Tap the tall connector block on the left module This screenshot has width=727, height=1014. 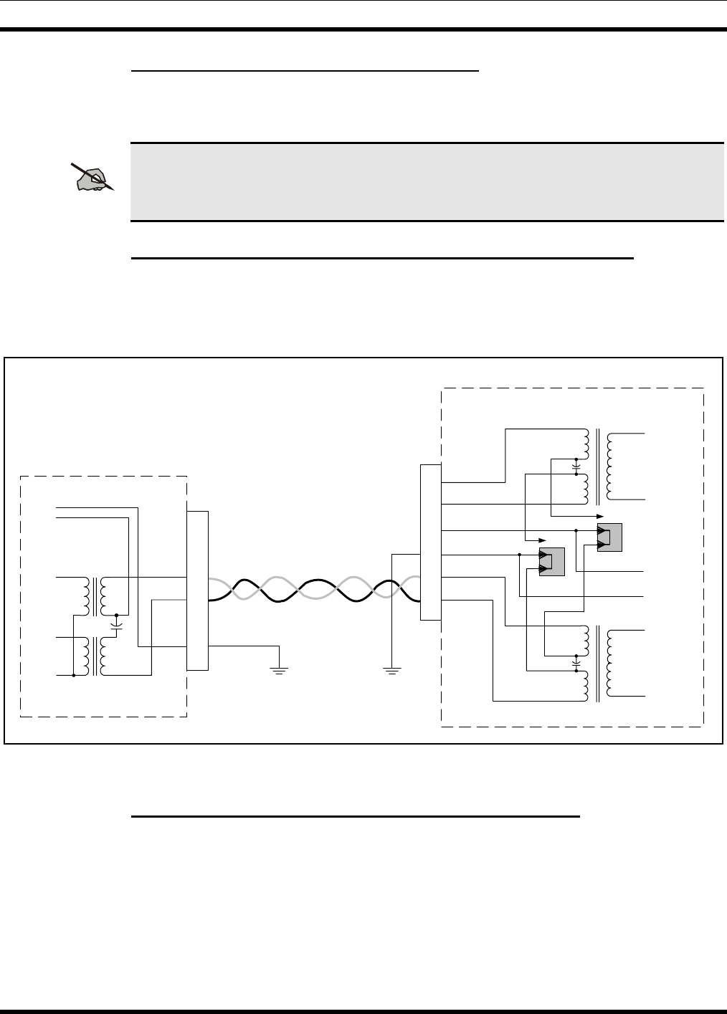(x=197, y=590)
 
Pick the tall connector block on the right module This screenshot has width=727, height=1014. (x=430, y=541)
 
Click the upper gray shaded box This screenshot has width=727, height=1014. (x=609, y=537)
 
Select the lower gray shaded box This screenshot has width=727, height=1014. (x=551, y=561)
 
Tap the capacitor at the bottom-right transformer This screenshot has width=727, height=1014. (x=576, y=664)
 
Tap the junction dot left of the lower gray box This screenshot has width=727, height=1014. (x=518, y=555)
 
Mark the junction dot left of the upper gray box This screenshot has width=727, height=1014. (x=576, y=530)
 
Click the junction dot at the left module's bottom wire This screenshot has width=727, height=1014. (x=74, y=675)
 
